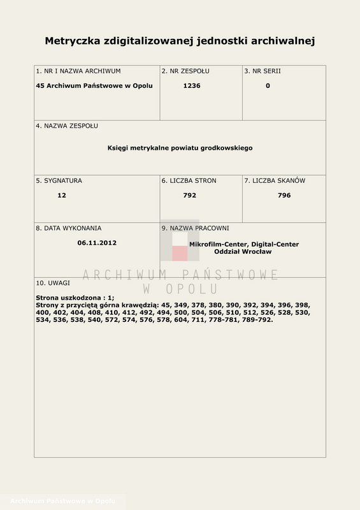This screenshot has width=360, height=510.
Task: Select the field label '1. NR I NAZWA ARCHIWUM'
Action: [x=78, y=71]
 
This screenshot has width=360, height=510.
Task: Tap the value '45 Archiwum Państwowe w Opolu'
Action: [x=94, y=86]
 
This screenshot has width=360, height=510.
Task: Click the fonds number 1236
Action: [x=191, y=86]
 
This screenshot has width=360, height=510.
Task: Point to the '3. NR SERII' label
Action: [x=263, y=71]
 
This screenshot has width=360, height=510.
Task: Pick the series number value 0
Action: [x=268, y=86]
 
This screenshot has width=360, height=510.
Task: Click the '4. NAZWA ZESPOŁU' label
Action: [x=67, y=126]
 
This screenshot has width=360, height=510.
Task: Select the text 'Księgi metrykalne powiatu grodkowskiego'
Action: [x=180, y=148]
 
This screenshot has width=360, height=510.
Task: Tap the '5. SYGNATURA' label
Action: [x=59, y=181]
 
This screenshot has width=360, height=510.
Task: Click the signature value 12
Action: [x=62, y=196]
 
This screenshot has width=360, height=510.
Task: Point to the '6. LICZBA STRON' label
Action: [x=189, y=181]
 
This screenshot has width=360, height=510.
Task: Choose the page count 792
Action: [x=190, y=196]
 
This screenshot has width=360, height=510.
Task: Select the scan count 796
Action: [x=284, y=196]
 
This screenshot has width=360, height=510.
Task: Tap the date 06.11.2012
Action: [x=97, y=243]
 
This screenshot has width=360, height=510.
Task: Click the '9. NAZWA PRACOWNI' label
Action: [x=195, y=228]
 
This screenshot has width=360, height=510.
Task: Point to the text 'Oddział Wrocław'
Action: [x=244, y=252]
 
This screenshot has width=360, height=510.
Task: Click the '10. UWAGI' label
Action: [x=53, y=282]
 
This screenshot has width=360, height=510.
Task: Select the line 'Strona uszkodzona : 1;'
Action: [x=75, y=298]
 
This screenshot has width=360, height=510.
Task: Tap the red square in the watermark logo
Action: [x=180, y=253]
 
